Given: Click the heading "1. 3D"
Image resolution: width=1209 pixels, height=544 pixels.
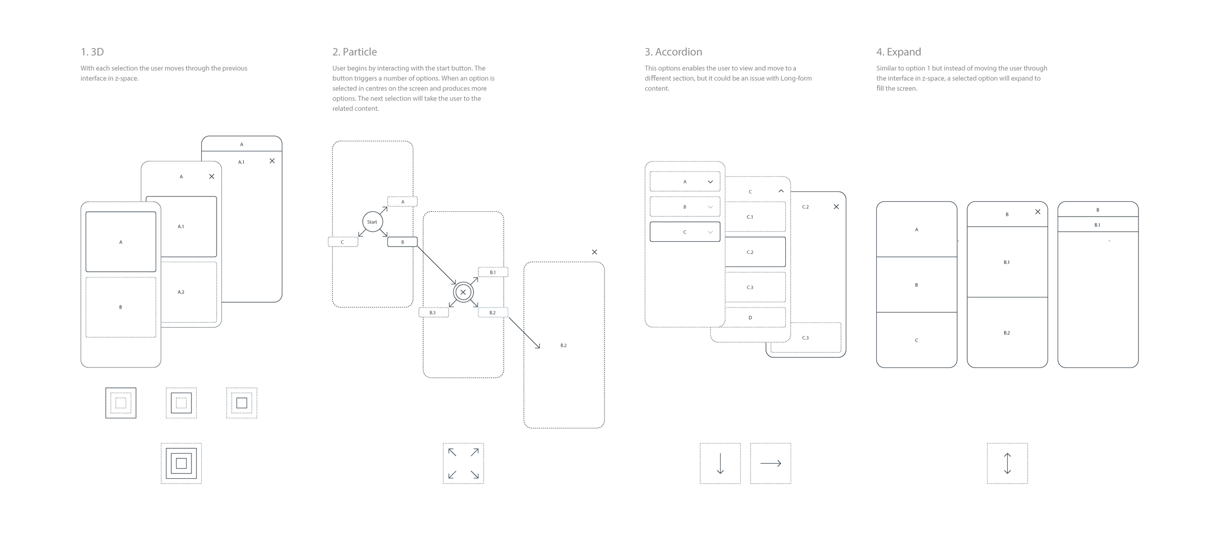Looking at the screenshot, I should (92, 52).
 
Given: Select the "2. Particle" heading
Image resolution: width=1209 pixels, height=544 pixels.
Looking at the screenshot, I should (354, 52).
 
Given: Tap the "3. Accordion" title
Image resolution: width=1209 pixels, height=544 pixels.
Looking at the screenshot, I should (673, 52).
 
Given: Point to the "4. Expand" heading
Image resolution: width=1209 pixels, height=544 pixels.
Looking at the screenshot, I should (898, 52).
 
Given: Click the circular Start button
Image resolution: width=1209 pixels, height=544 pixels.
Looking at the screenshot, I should (372, 222).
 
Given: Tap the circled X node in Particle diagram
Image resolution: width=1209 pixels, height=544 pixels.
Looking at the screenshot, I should (463, 292).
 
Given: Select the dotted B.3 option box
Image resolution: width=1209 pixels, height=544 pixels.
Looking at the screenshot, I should (433, 313).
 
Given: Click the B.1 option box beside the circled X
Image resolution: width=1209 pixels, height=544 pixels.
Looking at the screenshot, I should (493, 272).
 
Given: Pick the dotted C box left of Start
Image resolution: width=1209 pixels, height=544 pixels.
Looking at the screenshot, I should (342, 242).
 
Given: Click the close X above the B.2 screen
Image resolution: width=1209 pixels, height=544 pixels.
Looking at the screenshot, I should (594, 252).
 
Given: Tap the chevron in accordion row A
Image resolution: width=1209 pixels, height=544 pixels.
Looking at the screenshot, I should (710, 182).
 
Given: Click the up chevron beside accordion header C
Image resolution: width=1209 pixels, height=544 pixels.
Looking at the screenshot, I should (781, 191).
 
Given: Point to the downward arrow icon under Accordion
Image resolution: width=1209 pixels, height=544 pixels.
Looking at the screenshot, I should (720, 463).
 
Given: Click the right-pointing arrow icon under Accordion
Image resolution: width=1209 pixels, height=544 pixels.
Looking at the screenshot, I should (770, 463).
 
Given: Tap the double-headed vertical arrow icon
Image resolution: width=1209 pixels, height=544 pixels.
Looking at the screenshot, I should (1007, 463).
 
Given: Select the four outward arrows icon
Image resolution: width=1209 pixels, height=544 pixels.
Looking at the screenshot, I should (463, 463).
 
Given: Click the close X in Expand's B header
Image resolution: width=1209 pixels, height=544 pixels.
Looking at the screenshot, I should (1037, 212).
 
